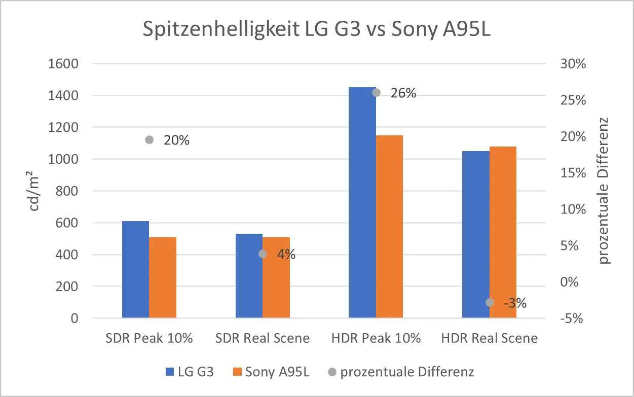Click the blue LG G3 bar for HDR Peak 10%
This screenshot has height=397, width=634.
click(x=362, y=203)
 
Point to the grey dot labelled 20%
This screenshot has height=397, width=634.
click(x=149, y=140)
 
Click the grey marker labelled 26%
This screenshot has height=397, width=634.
click(x=376, y=93)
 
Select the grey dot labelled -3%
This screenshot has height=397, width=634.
click(x=490, y=302)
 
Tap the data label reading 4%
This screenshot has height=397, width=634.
click(x=286, y=255)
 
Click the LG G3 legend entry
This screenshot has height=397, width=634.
click(x=190, y=372)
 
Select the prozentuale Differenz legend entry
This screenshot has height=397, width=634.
click(x=401, y=372)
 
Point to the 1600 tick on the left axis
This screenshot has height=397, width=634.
click(x=64, y=64)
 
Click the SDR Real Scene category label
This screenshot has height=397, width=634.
click(x=263, y=338)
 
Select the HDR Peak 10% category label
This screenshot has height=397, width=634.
click(x=376, y=338)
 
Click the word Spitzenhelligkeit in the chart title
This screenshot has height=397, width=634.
click(x=220, y=30)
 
